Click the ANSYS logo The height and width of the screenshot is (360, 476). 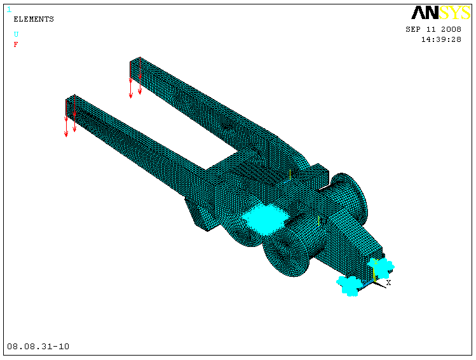(441, 13)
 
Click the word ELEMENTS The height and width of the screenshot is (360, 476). (34, 19)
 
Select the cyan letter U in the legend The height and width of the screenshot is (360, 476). (16, 34)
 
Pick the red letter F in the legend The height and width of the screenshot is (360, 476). (16, 44)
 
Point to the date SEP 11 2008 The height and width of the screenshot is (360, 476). (433, 29)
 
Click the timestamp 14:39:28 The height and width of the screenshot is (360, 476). (441, 39)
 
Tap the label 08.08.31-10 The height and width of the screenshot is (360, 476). (38, 347)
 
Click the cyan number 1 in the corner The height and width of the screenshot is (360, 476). (9, 10)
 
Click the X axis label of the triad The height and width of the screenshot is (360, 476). (388, 283)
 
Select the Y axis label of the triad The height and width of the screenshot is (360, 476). (376, 262)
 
